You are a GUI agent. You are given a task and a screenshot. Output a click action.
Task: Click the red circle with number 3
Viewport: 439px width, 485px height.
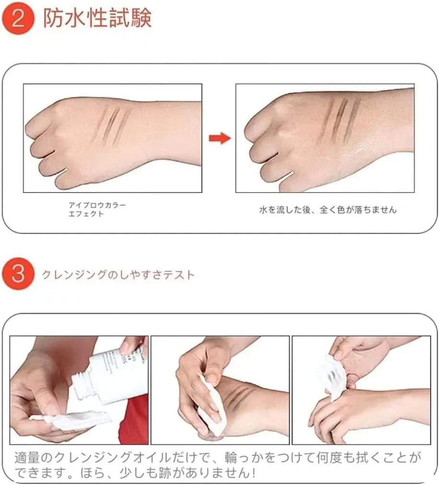17,274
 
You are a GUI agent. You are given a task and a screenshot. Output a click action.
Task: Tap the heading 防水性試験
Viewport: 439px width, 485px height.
97,18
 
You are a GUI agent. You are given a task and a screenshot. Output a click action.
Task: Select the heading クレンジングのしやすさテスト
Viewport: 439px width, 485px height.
118,275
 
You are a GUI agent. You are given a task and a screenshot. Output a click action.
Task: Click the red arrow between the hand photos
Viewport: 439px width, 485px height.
220,138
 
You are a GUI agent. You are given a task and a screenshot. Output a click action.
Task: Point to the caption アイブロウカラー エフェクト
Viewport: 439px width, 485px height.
97,209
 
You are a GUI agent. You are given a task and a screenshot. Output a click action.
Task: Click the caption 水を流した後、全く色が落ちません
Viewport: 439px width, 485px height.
328,210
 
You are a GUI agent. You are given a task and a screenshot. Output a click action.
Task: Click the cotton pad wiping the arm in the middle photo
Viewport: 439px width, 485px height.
210,404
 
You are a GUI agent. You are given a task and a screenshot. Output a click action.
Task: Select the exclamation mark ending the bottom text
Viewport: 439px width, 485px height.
253,473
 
